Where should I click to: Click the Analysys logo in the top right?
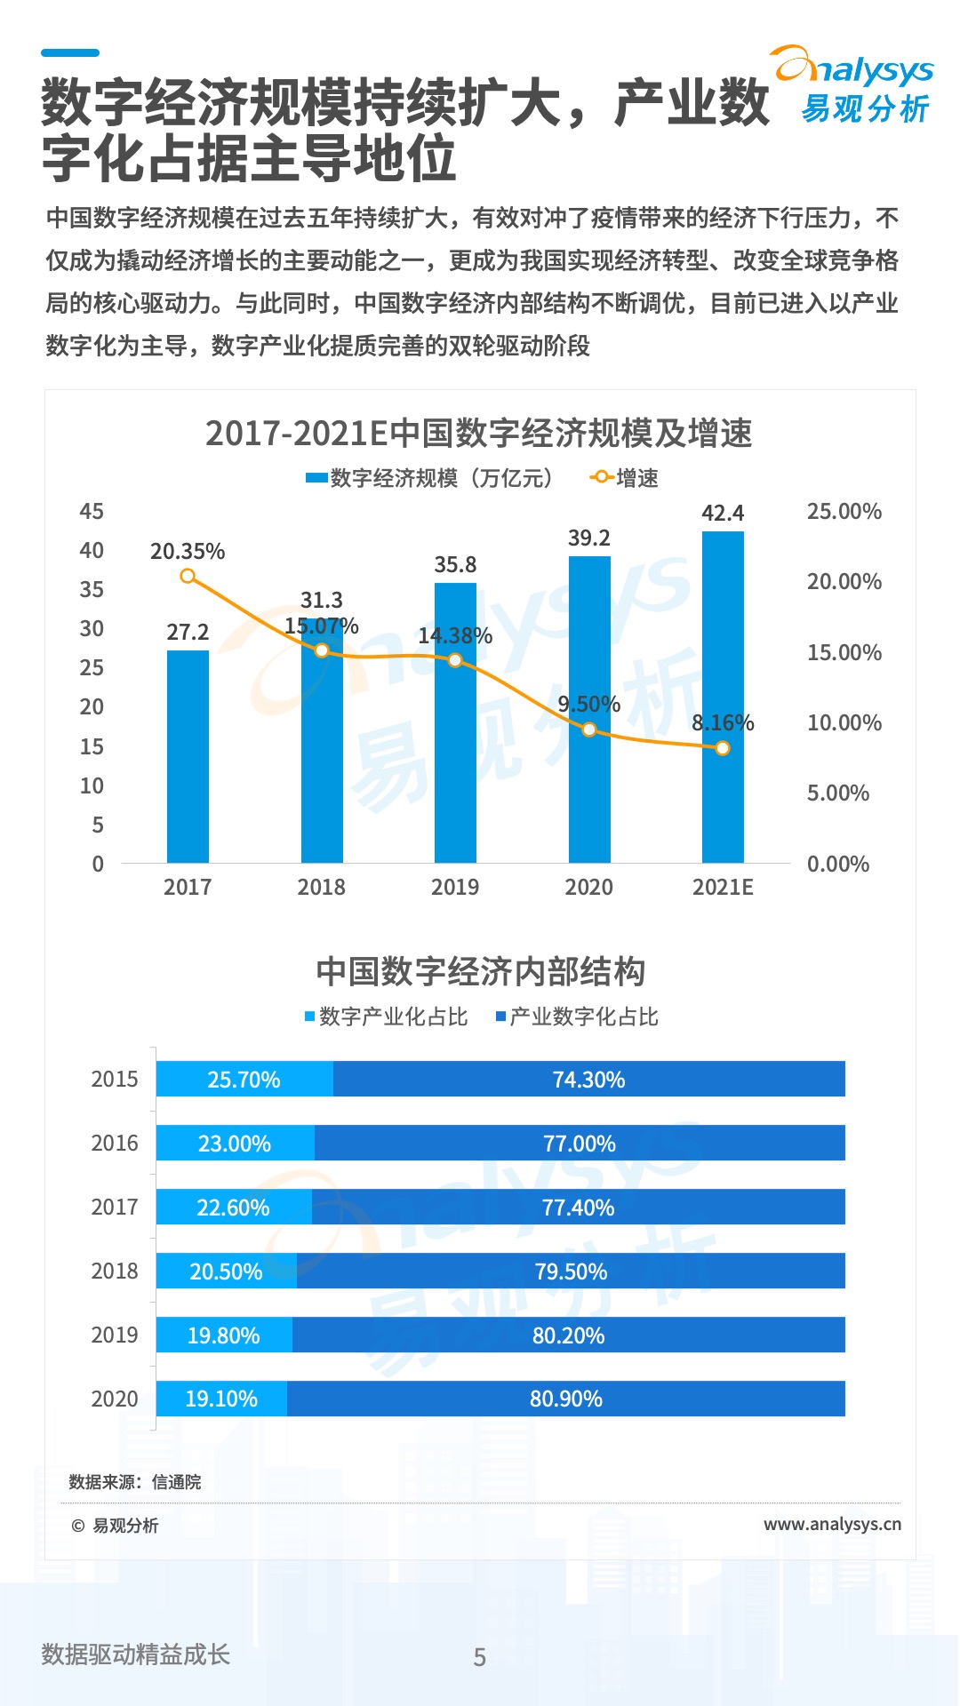[853, 85]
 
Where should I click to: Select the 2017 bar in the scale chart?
[188, 755]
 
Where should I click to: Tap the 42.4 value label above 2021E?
[723, 514]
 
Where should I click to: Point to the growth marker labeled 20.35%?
[188, 577]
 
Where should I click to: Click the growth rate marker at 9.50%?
[589, 729]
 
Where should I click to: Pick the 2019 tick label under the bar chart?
[455, 887]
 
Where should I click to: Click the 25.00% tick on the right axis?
[844, 512]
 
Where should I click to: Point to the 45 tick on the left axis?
[92, 512]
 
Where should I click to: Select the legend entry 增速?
[625, 478]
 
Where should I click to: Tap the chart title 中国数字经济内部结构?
[480, 971]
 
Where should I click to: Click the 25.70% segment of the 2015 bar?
[244, 1080]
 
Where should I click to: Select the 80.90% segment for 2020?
[566, 1399]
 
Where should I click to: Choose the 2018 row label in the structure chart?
[115, 1272]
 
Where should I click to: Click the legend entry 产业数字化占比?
[578, 1016]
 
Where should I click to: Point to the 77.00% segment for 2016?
[580, 1144]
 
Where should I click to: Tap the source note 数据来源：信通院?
[135, 1482]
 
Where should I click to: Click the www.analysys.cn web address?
[832, 1525]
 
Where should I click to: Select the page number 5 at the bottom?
[480, 1657]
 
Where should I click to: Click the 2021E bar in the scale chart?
[723, 698]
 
